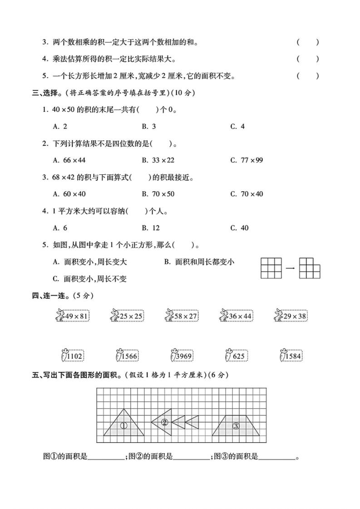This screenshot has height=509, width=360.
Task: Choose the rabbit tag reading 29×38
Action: point(291,316)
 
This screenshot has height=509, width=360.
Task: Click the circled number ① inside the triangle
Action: point(123,425)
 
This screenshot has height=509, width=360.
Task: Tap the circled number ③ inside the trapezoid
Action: point(236,425)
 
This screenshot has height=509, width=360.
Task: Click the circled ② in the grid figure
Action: point(165,422)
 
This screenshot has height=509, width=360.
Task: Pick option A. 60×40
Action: point(69,194)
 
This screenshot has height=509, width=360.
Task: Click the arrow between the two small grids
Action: point(291,268)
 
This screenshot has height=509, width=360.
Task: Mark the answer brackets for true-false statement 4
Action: point(308,59)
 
